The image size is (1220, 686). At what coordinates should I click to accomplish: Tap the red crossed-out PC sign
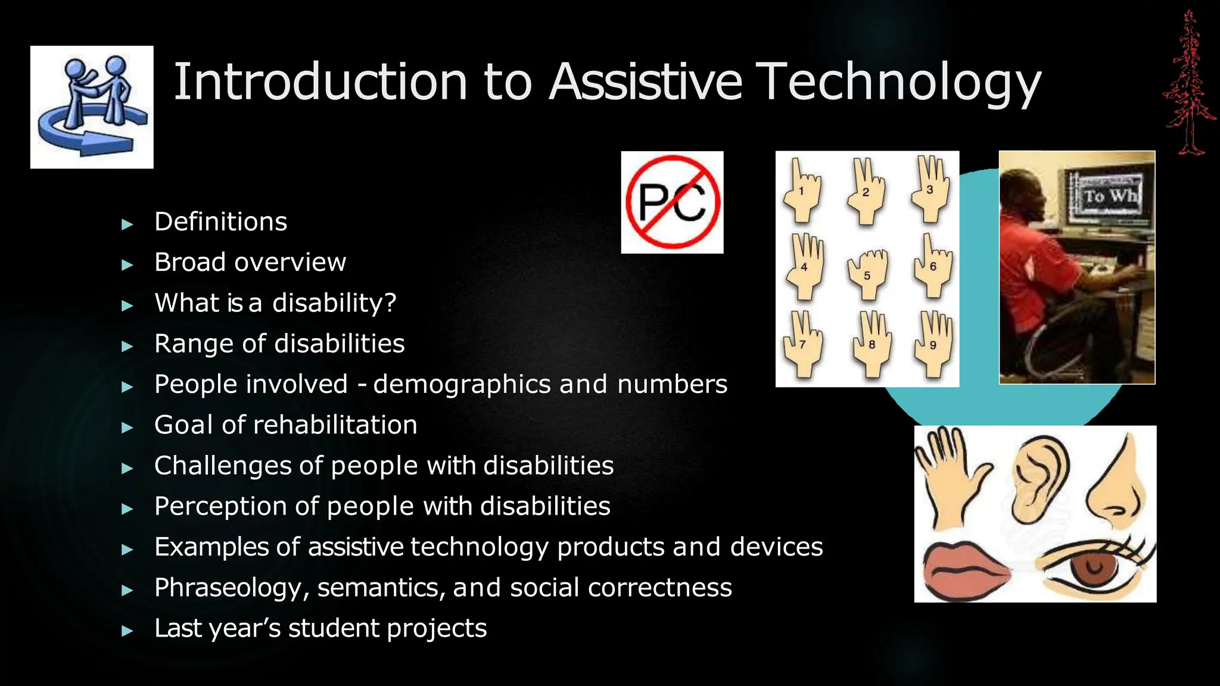tap(672, 202)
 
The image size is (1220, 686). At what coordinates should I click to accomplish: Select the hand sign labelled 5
tap(867, 274)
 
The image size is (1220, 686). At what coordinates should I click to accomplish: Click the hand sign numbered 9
tap(933, 344)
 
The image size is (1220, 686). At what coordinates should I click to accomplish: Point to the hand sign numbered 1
tap(802, 191)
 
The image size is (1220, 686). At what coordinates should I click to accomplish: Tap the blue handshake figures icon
tap(92, 107)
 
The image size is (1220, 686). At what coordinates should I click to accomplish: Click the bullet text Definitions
tap(220, 222)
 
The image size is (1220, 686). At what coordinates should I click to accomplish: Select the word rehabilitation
tap(335, 425)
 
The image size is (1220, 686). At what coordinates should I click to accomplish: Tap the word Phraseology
tap(231, 588)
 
